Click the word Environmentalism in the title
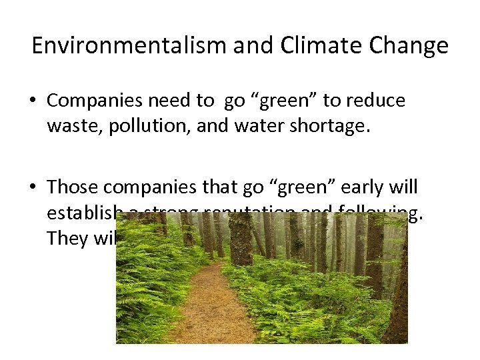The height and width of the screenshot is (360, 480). pos(119,46)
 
